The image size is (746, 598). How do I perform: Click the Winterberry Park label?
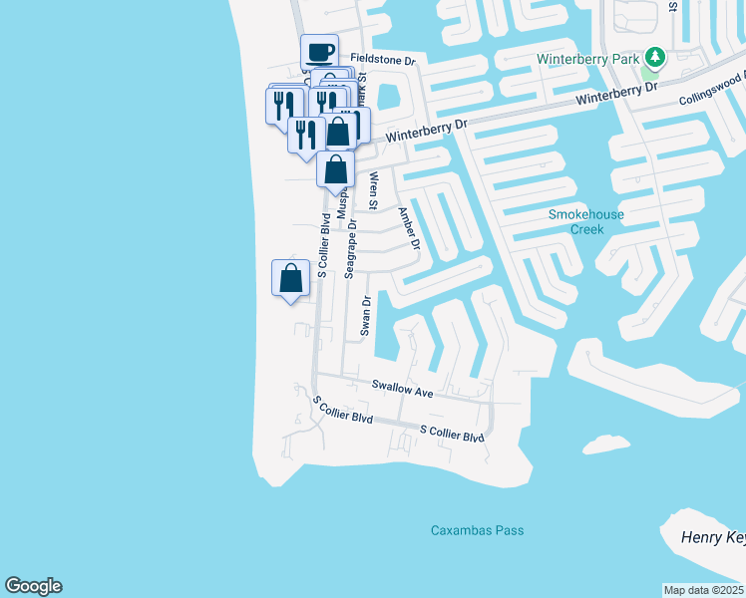587,59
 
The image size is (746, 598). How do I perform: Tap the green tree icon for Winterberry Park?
654,57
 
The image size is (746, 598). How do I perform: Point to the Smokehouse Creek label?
577,221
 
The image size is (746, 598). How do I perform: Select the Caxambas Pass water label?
477,530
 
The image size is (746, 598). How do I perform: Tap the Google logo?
33,586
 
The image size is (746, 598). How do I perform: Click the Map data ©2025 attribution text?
704,590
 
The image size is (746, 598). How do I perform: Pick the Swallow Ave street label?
403,389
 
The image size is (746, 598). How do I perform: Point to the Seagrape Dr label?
350,248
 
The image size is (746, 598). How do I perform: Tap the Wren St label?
373,190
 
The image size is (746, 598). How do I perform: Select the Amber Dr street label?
409,230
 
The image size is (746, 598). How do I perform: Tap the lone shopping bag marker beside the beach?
290,278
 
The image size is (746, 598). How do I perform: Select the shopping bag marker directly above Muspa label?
336,169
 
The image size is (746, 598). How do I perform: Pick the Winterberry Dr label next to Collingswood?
624,91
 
